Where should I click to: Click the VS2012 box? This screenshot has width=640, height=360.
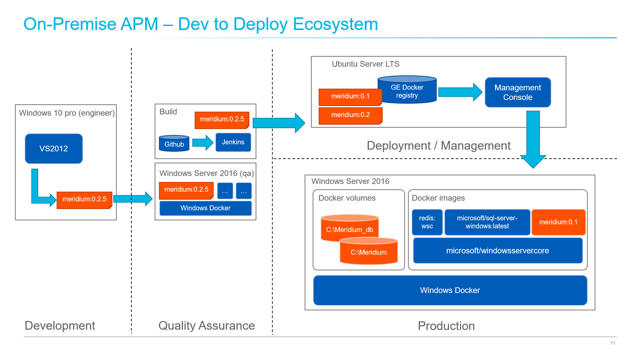tap(54, 149)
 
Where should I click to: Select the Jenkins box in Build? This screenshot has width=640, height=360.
tap(233, 142)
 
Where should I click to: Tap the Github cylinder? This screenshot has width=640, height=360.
tap(174, 144)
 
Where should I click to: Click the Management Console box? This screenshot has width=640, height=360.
tap(518, 92)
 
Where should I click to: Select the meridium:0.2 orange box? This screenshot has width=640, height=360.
tap(350, 115)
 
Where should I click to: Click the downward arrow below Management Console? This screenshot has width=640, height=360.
tap(533, 140)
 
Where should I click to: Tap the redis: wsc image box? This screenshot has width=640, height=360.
tap(427, 222)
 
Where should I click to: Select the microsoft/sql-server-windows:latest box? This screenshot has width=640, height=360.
tap(487, 222)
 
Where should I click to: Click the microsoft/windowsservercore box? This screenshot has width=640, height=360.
tap(497, 251)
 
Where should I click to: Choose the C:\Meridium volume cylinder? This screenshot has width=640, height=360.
tap(369, 252)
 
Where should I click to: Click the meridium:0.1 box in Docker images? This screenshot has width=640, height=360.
tap(558, 222)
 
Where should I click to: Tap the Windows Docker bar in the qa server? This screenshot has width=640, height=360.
tap(205, 208)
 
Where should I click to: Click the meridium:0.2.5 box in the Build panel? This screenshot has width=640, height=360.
tap(222, 119)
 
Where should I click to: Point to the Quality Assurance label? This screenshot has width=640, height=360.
tap(206, 326)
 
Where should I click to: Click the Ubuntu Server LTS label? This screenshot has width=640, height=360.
tap(365, 64)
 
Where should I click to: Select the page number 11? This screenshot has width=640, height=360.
tap(613, 343)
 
